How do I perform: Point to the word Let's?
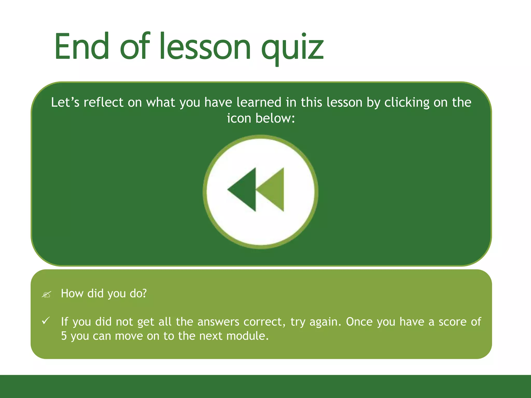pos(65,102)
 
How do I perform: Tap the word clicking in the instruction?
pos(407,103)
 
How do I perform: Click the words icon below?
pos(261,118)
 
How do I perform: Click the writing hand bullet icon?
pos(46,294)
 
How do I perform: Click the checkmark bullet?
pos(46,321)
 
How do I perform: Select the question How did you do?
pos(104,294)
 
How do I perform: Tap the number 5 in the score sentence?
pos(64,336)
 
